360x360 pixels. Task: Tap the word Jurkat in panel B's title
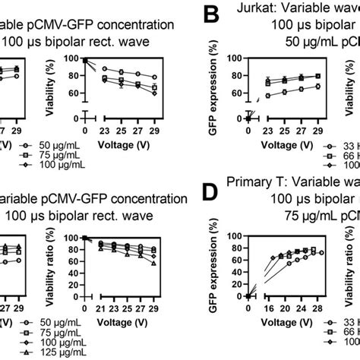tap(246, 11)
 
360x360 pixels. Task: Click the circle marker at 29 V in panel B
tap(317, 87)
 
